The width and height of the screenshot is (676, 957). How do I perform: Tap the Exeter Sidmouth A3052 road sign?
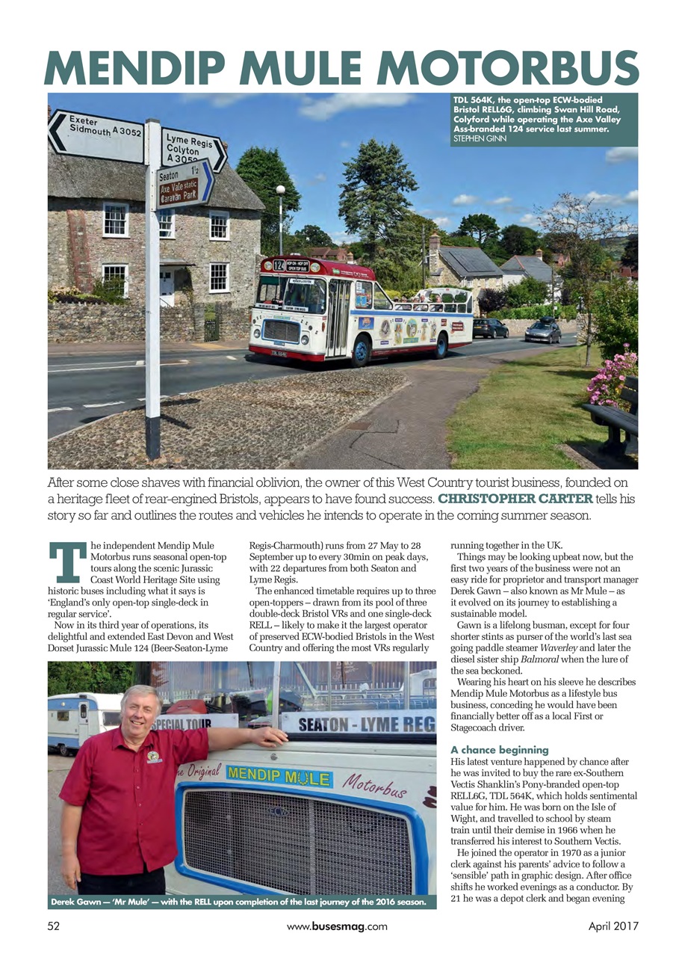(x=96, y=135)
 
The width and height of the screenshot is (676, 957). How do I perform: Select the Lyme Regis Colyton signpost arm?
(x=193, y=148)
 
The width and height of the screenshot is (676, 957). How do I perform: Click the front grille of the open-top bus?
(x=282, y=330)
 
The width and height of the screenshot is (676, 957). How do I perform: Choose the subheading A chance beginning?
(x=500, y=750)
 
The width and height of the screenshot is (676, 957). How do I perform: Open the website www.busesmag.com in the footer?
(x=338, y=926)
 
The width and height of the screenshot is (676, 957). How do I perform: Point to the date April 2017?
(x=609, y=926)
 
